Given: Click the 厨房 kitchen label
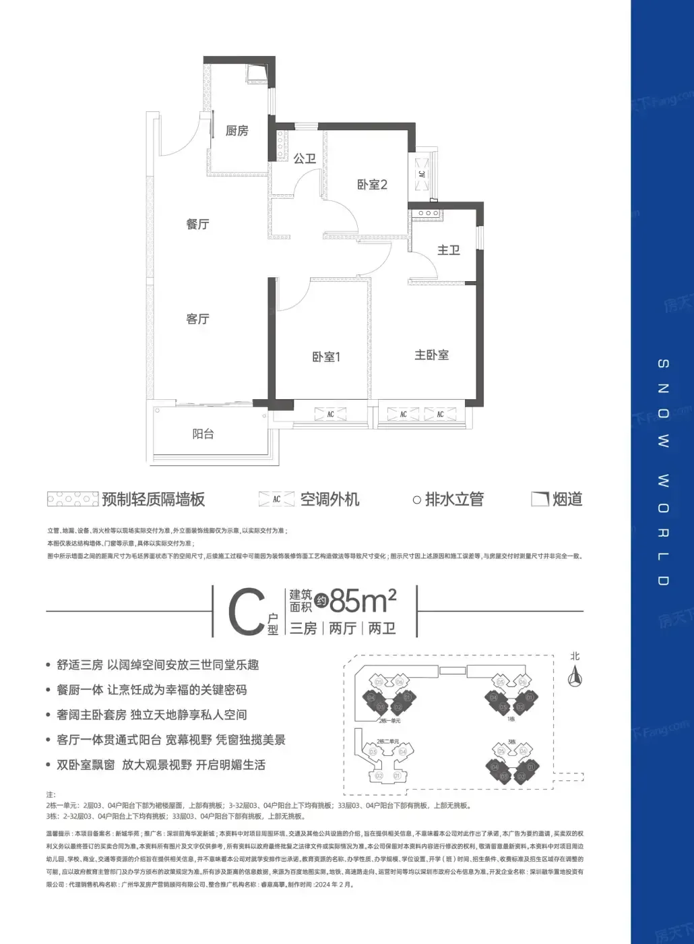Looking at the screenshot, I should click(236, 131).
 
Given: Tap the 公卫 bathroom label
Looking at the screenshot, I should click(305, 158).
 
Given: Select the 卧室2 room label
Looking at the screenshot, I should click(372, 184).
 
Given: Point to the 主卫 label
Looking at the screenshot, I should click(448, 250).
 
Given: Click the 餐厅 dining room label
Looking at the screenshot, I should click(197, 224).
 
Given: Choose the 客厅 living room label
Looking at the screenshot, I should click(197, 318).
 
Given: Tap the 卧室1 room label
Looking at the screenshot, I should click(326, 357).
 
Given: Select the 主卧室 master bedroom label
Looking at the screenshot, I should click(431, 355).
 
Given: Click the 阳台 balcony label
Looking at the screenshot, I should click(203, 434).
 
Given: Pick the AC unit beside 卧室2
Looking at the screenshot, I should click(422, 174).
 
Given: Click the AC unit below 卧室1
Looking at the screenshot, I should click(330, 414).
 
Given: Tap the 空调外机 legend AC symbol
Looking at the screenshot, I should click(276, 500).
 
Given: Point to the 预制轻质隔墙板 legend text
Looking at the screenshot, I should click(154, 500).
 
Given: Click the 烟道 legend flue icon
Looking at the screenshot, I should click(539, 499).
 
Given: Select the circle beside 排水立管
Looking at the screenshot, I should click(416, 500).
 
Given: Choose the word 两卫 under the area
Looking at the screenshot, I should click(382, 628).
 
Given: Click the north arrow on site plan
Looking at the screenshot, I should click(575, 673).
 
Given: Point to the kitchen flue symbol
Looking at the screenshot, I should click(257, 71).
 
